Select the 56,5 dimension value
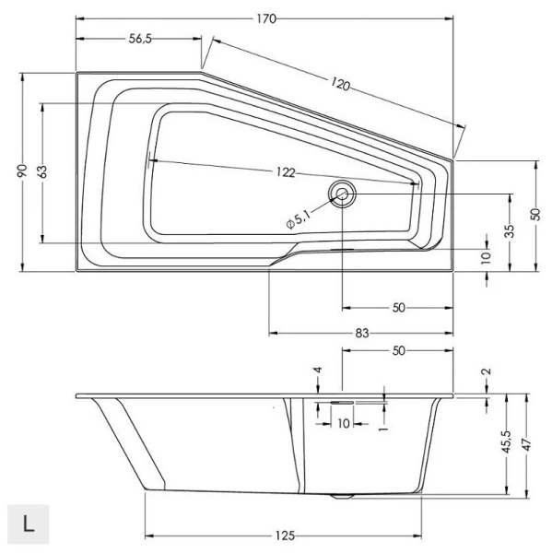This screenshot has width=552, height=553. click(x=139, y=38)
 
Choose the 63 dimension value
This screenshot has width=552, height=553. click(x=42, y=172)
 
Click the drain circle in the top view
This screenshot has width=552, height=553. click(x=343, y=194)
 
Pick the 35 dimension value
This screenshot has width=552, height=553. click(x=510, y=230)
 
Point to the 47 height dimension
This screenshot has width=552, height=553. click(x=524, y=444)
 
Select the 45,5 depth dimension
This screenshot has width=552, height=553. click(x=505, y=444)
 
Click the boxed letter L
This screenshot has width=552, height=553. click(x=29, y=524)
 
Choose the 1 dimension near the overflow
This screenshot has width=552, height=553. click(x=381, y=429)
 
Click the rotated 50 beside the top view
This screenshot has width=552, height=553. click(x=535, y=214)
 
